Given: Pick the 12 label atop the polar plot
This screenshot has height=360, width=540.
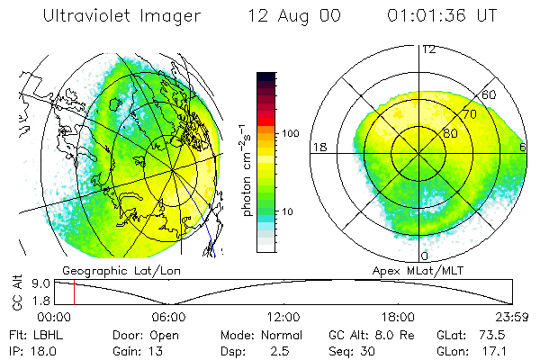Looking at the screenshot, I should point(428,49).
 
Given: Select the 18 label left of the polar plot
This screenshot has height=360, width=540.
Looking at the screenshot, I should point(319,148).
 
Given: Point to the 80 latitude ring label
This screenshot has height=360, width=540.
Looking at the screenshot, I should point(449,133).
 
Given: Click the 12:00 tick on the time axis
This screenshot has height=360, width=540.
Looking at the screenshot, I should point(283,317).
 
